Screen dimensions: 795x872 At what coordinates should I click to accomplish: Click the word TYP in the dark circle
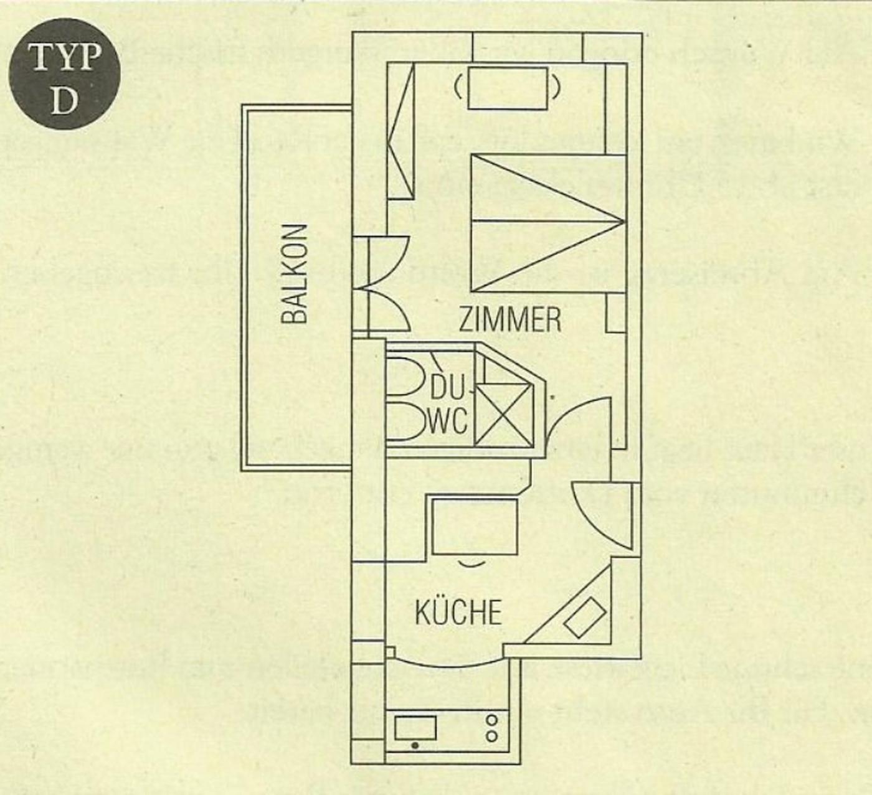click(x=64, y=57)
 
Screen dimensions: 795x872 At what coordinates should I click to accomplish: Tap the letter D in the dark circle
click(x=64, y=100)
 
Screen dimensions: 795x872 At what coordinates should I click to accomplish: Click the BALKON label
click(x=295, y=274)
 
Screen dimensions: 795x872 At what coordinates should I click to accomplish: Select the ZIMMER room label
click(x=509, y=319)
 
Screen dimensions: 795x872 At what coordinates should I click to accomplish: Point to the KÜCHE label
click(x=458, y=613)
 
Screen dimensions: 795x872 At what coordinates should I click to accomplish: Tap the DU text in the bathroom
click(x=447, y=390)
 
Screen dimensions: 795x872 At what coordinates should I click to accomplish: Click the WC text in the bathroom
click(x=448, y=421)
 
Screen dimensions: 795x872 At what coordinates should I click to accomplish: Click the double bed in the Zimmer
click(x=547, y=223)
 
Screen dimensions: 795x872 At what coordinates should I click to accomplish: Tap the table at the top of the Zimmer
click(x=508, y=87)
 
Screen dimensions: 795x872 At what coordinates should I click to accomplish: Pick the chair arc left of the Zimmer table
click(x=459, y=88)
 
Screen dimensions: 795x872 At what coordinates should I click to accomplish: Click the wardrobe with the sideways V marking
click(x=401, y=131)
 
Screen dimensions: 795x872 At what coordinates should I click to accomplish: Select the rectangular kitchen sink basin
click(x=415, y=727)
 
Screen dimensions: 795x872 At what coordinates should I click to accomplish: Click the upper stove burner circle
click(x=492, y=720)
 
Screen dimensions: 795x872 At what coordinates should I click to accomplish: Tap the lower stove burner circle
click(x=492, y=736)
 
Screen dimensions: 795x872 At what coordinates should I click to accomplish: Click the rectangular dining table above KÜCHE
click(x=475, y=525)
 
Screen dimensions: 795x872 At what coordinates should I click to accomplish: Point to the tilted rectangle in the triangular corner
click(x=585, y=616)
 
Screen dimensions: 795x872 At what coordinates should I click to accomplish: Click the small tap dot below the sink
click(x=415, y=745)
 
